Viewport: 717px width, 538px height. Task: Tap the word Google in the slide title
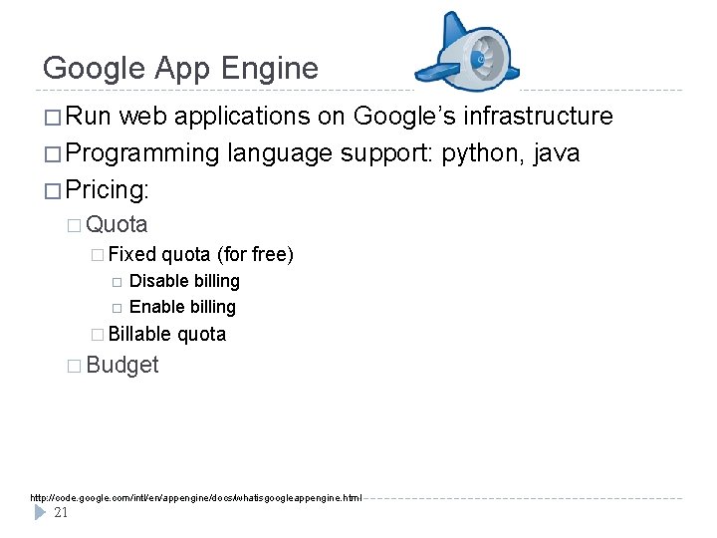click(x=95, y=69)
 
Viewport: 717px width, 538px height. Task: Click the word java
click(x=558, y=153)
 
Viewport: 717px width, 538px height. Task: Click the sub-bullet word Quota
click(x=118, y=224)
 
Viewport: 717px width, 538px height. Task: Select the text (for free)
click(x=255, y=255)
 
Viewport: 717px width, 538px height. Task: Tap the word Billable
click(x=139, y=334)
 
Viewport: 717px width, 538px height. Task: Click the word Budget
click(x=122, y=365)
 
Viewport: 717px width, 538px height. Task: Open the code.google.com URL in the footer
click(x=196, y=497)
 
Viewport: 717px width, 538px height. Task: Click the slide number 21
click(x=61, y=513)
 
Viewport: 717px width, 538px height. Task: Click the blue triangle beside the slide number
click(x=40, y=512)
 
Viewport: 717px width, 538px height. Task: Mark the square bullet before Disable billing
click(x=116, y=282)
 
